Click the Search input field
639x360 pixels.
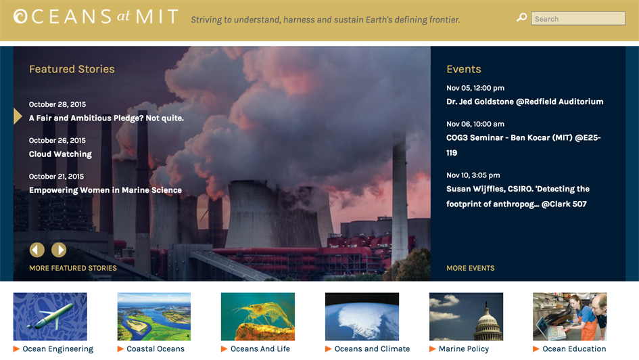pos(578,19)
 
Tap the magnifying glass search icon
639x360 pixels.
pos(521,18)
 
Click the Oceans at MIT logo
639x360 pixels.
pos(96,17)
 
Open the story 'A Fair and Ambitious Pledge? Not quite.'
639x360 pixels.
pos(106,118)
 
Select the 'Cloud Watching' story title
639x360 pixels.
pos(60,154)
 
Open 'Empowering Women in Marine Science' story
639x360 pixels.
pos(105,190)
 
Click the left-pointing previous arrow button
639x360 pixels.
pos(37,250)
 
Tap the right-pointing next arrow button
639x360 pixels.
pos(59,250)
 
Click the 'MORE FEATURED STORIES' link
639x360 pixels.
pos(73,268)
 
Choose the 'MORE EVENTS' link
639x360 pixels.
pos(470,268)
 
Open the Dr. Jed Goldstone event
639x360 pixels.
pos(525,102)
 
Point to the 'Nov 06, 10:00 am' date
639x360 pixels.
pos(475,124)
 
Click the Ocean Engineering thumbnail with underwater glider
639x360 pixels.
pos(50,317)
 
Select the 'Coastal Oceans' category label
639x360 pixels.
pos(156,349)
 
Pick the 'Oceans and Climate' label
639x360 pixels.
pos(372,349)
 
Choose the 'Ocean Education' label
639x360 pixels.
pos(574,349)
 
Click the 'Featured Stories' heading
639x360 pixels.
pos(72,69)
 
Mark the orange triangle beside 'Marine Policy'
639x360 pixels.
pos(432,349)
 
